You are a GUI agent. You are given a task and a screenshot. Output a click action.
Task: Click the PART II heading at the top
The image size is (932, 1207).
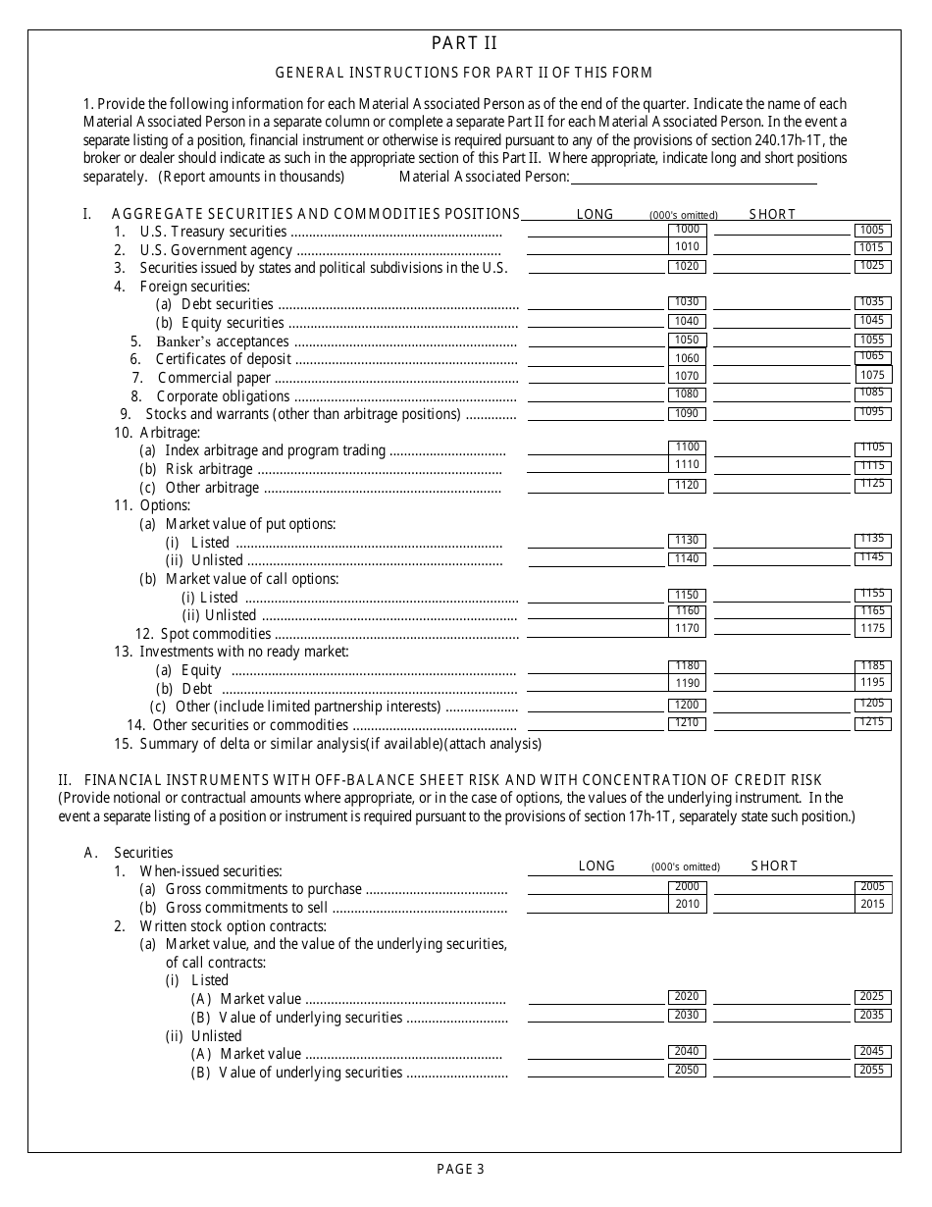(x=464, y=43)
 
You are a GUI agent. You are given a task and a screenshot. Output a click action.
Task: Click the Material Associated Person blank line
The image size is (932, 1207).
(x=693, y=178)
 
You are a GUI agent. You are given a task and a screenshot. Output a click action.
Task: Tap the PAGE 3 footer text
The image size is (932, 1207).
(x=461, y=1168)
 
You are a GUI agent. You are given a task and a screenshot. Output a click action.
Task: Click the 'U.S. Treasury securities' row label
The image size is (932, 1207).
(x=213, y=232)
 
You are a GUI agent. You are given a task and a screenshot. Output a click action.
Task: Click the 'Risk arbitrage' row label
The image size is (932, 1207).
(x=208, y=469)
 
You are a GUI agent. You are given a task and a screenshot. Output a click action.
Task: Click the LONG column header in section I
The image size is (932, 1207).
(x=595, y=214)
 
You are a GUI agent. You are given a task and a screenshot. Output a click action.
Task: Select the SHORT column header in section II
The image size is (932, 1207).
(x=774, y=866)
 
